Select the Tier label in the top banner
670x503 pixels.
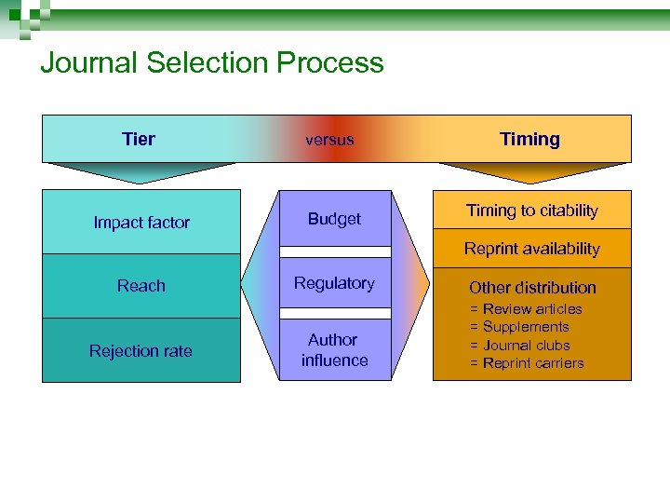coord(139,140)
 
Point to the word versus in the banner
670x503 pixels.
coord(329,141)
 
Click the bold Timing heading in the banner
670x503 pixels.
coord(529,140)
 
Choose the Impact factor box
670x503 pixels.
coord(141,223)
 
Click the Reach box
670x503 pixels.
coord(141,286)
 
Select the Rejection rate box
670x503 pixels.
coord(141,351)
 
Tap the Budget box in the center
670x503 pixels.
coord(334,219)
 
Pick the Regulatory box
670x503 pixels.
coord(334,283)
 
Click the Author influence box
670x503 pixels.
coord(334,350)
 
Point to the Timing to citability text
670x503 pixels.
coord(532,211)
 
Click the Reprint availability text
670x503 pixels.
coord(532,249)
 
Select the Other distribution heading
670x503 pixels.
coord(532,288)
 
